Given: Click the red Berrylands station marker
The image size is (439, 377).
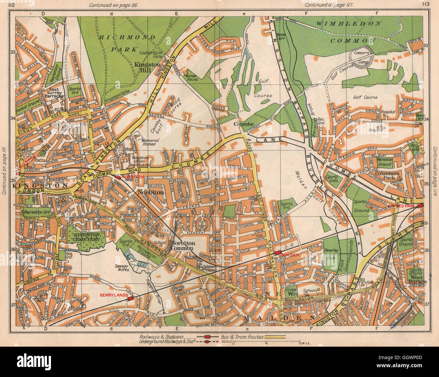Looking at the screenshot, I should coord(131,298).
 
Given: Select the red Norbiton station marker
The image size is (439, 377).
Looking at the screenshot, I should coord(118,177).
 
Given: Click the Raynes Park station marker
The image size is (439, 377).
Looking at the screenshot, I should coord(420,206).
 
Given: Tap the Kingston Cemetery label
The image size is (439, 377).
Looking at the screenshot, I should coord(85,237).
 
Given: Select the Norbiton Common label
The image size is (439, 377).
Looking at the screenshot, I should coord(182,245).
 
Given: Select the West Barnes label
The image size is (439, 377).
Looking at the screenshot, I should coord(417,279).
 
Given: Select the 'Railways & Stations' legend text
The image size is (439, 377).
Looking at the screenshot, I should coord(161,337).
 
